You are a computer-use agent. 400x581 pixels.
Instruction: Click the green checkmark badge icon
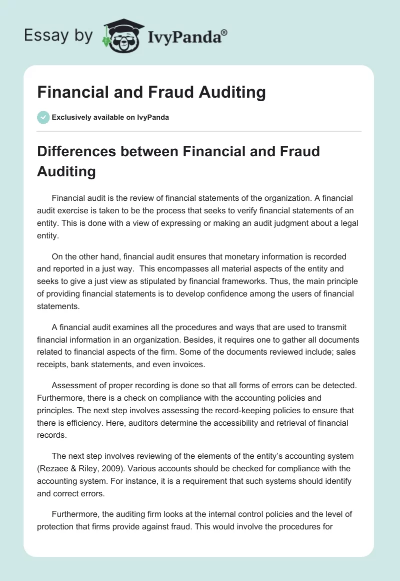click(x=43, y=117)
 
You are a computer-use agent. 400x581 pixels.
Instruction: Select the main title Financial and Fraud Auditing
click(x=151, y=93)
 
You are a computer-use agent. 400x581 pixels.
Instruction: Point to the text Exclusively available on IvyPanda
click(x=110, y=118)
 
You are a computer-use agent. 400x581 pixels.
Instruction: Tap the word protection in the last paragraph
click(x=60, y=527)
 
